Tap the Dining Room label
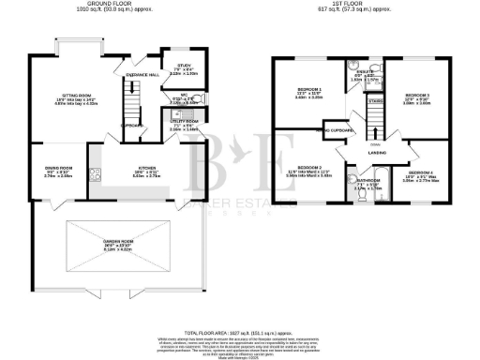point(59,170)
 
